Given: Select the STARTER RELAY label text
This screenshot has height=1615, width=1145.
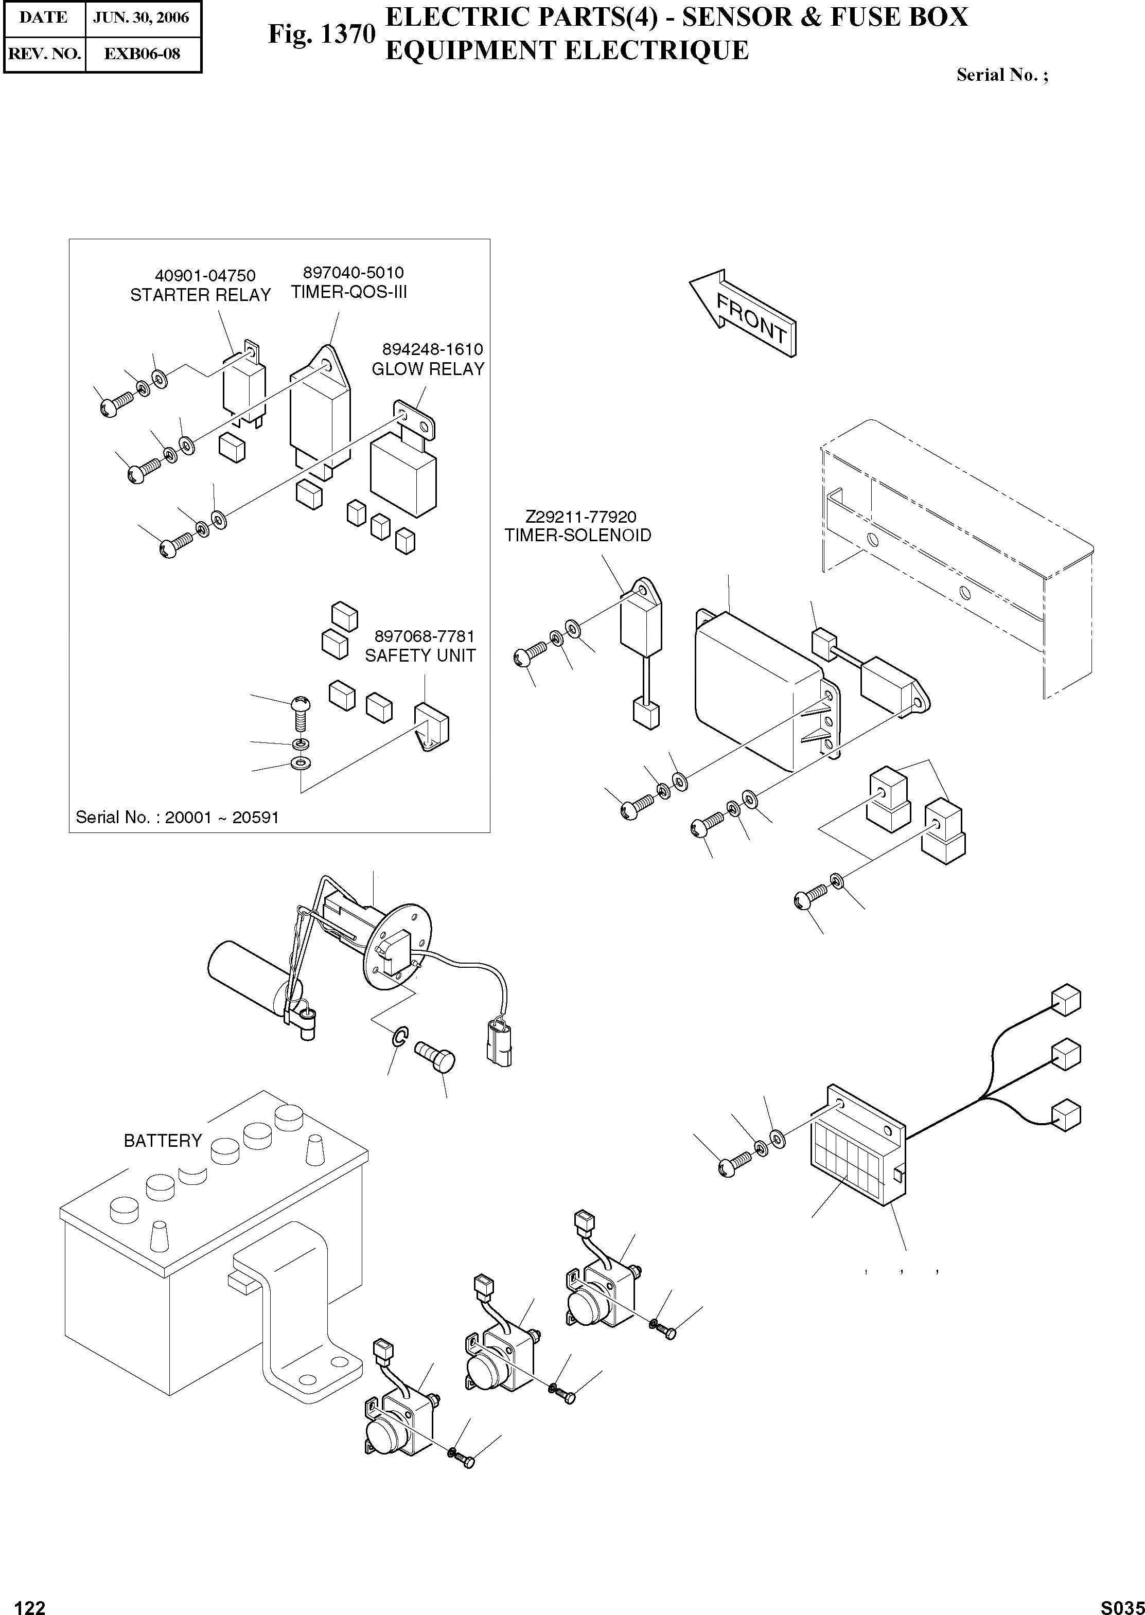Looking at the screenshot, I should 200,295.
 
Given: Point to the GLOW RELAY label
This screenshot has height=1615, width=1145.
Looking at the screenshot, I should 428,369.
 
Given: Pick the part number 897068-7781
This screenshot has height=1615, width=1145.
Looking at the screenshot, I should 425,636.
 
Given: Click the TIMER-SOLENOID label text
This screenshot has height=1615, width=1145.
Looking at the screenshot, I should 577,535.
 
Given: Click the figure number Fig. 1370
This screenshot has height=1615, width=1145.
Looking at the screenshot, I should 322,34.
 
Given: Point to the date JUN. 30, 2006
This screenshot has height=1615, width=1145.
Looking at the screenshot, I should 142,17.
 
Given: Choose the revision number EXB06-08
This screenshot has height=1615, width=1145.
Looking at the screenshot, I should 142,54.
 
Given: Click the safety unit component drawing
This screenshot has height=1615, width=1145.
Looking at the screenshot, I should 431,725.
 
